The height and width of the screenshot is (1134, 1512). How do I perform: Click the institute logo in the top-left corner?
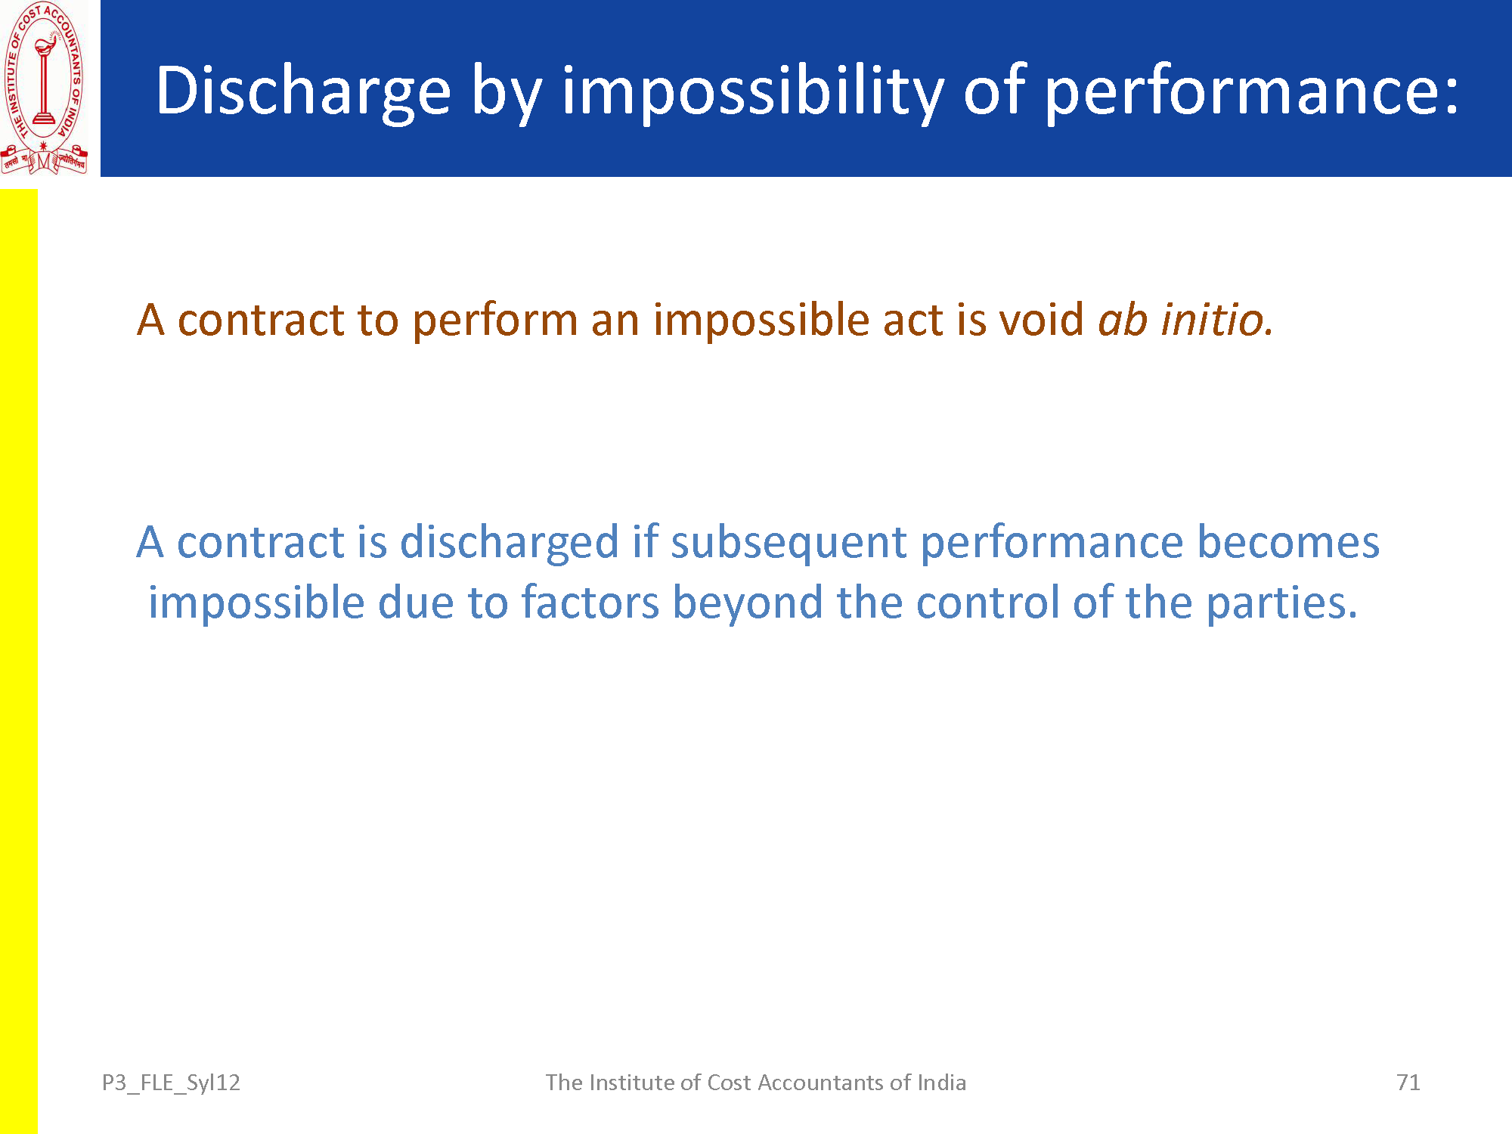44,88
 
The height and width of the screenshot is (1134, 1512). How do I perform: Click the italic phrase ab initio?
1185,319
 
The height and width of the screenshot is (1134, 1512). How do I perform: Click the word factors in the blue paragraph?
590,603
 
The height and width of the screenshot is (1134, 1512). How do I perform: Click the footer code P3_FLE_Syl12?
171,1083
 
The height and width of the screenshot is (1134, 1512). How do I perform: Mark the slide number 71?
1408,1083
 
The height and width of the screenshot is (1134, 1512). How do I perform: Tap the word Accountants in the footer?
820,1083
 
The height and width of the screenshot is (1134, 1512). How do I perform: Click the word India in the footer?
941,1083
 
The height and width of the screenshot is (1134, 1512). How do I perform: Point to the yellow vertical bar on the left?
18,661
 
